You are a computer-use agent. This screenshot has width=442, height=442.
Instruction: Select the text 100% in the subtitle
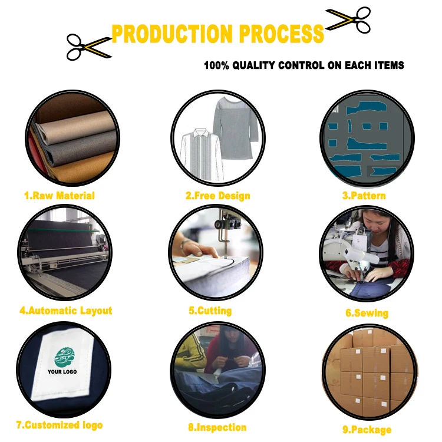pos(215,65)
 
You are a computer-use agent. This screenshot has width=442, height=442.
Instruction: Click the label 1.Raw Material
pos(59,196)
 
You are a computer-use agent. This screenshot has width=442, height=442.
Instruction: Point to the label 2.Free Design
pos(218,196)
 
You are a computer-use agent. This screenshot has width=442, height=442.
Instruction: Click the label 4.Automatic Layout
pos(65,310)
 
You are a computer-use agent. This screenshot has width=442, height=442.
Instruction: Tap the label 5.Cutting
pos(210,311)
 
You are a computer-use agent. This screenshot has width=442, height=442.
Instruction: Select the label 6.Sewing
pos(367,313)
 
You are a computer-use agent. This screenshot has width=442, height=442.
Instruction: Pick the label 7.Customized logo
pos(59,424)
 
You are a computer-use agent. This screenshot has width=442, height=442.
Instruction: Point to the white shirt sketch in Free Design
pos(196,150)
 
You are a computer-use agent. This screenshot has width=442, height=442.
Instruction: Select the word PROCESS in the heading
pos(277,34)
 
